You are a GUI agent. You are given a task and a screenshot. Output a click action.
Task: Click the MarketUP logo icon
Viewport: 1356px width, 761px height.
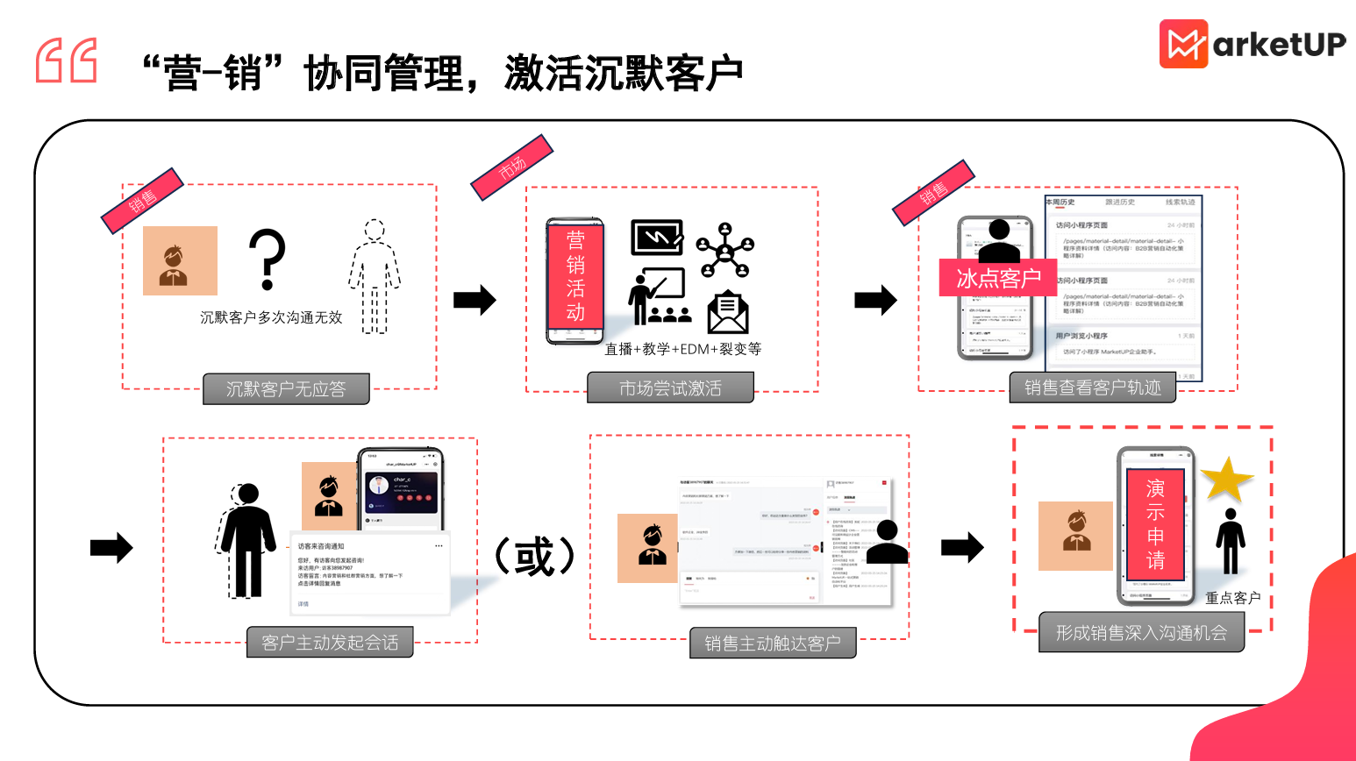click(x=1183, y=44)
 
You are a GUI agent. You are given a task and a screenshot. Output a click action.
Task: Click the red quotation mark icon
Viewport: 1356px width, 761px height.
click(x=67, y=60)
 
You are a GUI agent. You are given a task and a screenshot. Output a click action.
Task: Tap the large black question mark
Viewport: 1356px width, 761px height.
click(x=268, y=260)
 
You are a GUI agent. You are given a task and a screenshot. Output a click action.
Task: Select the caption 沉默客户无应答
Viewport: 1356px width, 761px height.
click(x=286, y=389)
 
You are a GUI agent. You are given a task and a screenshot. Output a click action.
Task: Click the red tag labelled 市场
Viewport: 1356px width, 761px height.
click(x=512, y=167)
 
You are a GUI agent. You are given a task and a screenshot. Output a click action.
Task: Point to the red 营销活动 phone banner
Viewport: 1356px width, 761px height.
click(x=575, y=276)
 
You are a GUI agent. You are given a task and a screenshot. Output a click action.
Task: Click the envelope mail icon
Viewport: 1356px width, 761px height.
click(x=727, y=313)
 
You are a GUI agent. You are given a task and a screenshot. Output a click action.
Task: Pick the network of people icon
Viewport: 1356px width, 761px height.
click(x=725, y=250)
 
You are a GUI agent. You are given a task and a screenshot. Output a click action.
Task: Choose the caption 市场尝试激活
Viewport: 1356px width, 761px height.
click(x=670, y=388)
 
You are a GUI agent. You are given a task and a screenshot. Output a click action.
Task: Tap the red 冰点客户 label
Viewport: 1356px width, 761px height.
click(x=998, y=278)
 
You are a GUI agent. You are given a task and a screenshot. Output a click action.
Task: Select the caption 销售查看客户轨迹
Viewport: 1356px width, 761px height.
click(x=1093, y=388)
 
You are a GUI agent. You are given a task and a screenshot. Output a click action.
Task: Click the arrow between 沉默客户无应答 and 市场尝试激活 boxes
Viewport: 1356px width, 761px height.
click(x=475, y=300)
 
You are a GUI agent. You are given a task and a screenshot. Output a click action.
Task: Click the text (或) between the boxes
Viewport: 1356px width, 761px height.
click(x=534, y=556)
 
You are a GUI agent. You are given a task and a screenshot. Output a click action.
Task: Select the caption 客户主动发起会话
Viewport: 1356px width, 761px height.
click(x=330, y=643)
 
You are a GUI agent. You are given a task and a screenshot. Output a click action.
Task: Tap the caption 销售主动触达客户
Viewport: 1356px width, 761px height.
click(x=773, y=644)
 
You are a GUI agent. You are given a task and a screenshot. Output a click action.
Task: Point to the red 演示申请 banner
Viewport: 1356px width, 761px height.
click(x=1155, y=524)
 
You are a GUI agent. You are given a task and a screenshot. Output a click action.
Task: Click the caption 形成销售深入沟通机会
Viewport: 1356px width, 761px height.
click(x=1141, y=633)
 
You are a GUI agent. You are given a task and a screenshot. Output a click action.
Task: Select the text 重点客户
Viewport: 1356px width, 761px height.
click(x=1232, y=598)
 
